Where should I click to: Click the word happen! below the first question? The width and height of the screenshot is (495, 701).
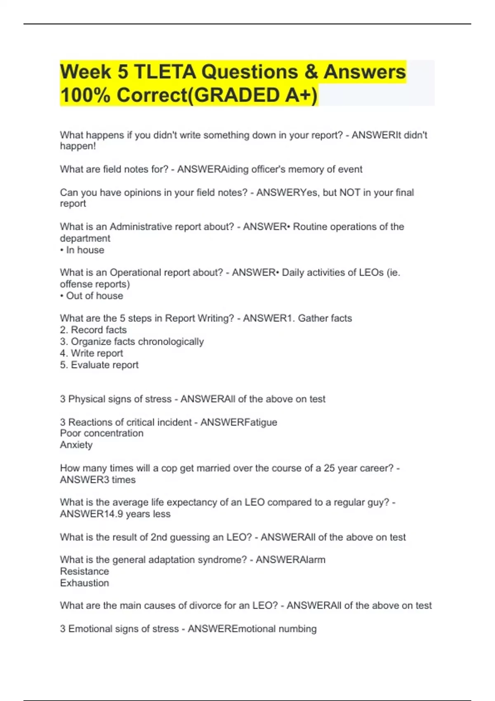pos(78,146)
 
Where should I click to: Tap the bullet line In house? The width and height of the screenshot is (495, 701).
pos(82,250)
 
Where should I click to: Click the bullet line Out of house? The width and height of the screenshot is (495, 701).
pos(92,296)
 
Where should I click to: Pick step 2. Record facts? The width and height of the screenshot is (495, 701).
pos(93,330)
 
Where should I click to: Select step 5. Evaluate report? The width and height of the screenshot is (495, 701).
pos(99,365)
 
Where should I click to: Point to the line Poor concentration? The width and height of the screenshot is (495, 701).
pos(102,433)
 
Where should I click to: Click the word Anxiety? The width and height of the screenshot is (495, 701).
pos(76,445)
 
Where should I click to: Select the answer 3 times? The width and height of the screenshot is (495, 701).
pos(117,480)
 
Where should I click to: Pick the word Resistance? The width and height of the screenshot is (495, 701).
pos(85,571)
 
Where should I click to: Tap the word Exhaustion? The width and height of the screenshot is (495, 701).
pos(85,583)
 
